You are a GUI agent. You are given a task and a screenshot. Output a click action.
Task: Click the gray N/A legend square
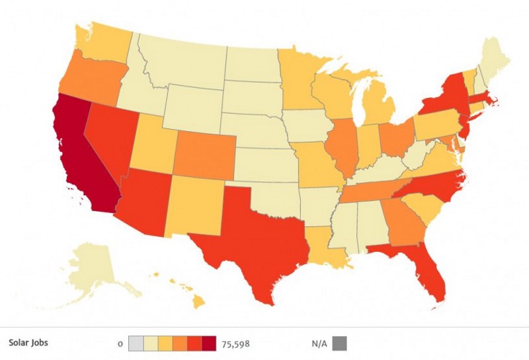click(x=339, y=343)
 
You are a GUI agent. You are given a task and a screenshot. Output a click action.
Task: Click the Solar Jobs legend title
click(x=28, y=343)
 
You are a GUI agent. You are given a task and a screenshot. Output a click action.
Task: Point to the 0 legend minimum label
click(x=120, y=344)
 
